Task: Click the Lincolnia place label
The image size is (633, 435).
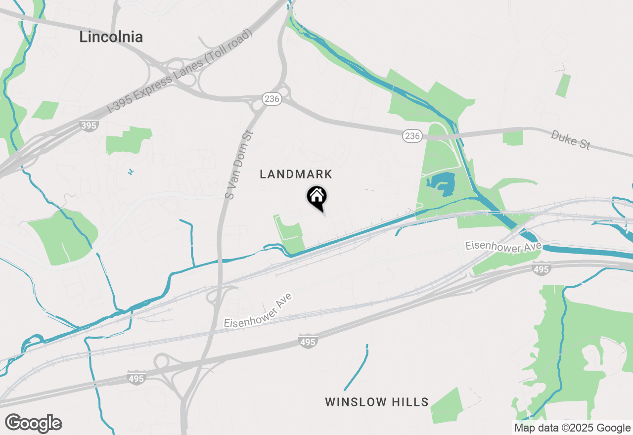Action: click(x=111, y=37)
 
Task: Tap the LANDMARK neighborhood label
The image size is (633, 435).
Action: click(x=296, y=174)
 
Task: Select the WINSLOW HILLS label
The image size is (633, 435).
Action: click(x=376, y=402)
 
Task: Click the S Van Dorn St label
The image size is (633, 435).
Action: click(x=239, y=165)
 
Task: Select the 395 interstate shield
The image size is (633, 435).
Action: click(x=89, y=126)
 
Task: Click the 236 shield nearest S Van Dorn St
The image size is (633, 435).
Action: click(x=272, y=99)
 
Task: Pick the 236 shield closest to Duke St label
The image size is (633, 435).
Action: click(x=412, y=135)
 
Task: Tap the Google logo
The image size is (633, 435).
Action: click(x=34, y=424)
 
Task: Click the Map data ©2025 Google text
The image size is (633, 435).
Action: click(x=572, y=428)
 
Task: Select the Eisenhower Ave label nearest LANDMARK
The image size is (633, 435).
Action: click(x=258, y=310)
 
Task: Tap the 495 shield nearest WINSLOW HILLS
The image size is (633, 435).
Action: click(x=308, y=341)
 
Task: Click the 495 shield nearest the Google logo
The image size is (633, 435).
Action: click(x=136, y=378)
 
